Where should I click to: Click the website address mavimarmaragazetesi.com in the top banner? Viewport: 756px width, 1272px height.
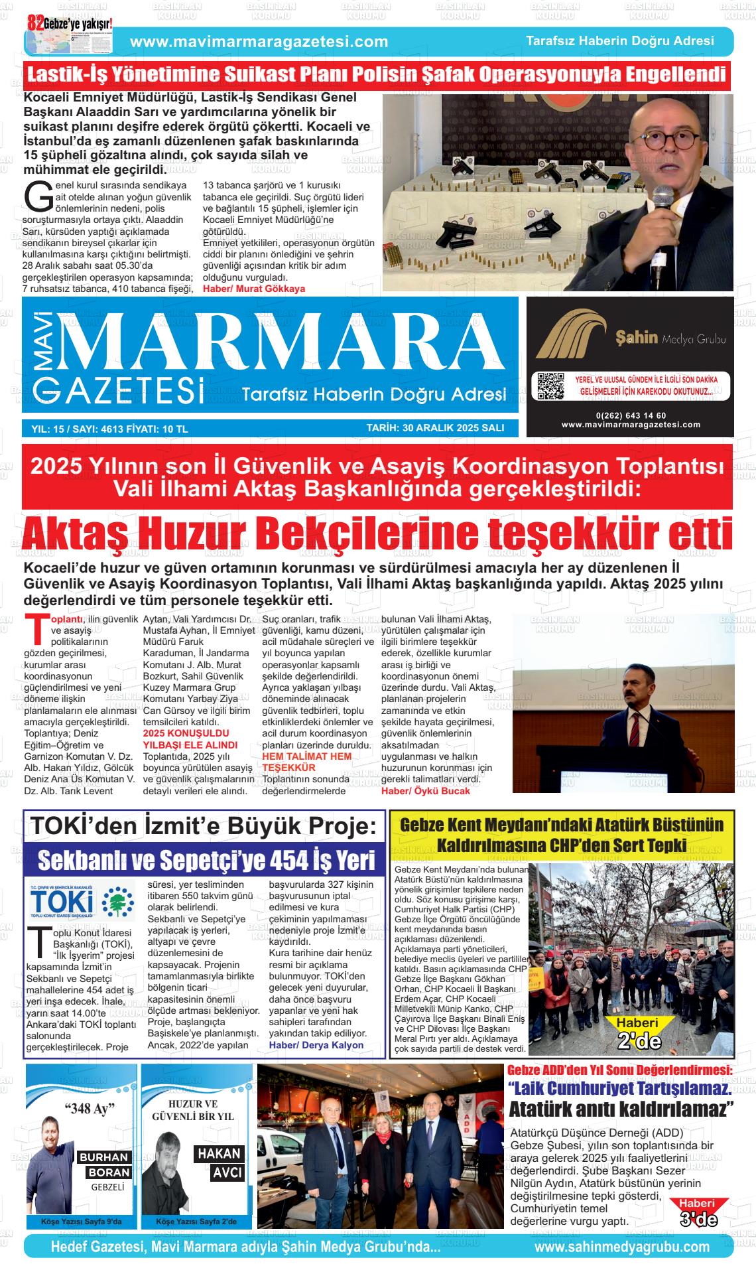pyautogui.click(x=259, y=42)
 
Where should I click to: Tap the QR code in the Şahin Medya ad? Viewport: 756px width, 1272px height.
pyautogui.click(x=550, y=386)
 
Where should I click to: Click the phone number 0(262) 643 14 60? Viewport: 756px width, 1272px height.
pyautogui.click(x=631, y=415)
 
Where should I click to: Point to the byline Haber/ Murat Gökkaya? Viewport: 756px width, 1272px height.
pyautogui.click(x=254, y=289)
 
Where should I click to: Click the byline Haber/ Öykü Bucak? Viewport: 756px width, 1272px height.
pyautogui.click(x=425, y=790)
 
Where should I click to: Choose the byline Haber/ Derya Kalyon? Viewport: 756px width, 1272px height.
pyautogui.click(x=316, y=1044)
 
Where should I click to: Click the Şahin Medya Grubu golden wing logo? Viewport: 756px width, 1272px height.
pyautogui.click(x=572, y=337)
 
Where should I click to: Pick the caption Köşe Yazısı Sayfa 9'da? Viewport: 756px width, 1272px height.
pyautogui.click(x=81, y=1222)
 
